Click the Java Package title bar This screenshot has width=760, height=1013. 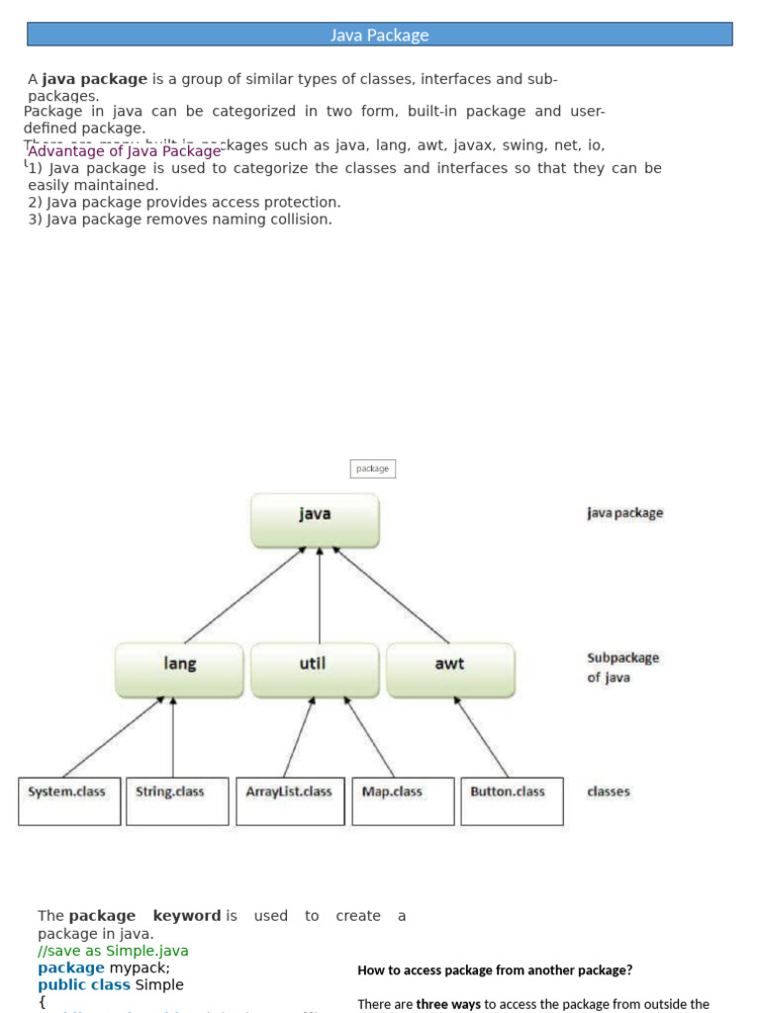pos(380,35)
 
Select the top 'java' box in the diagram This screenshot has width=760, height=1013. pos(315,519)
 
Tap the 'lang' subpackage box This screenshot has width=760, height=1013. pos(179,669)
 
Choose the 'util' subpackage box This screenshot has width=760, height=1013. pos(315,669)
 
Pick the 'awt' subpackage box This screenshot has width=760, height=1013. pos(450,669)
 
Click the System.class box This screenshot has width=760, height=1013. pos(68,800)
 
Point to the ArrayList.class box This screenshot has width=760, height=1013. pos(290,800)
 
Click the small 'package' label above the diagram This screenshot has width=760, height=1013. pos(373,468)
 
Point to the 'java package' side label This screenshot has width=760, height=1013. pos(624,513)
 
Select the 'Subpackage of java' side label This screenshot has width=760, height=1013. pos(622,668)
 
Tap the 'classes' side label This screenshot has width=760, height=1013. pos(608,791)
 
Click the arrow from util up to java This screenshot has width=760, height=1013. pos(320,594)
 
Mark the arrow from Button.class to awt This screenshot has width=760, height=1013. pos(482,737)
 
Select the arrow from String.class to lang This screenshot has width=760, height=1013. pos(173,737)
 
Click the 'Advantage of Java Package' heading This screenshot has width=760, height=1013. pos(125,151)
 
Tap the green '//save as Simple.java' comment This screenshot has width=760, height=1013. pos(113,951)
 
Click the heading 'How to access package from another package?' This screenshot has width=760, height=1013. pos(495,969)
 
